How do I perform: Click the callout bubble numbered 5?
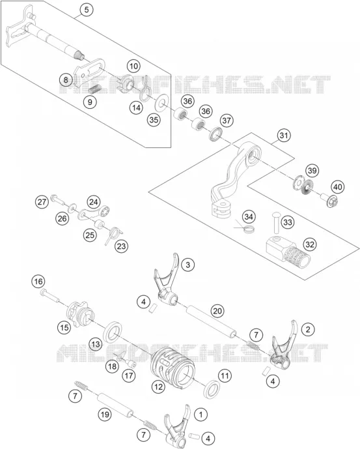point(87,10)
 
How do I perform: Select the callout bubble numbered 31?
point(283,135)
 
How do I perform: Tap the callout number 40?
point(338,187)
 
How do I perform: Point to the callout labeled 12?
point(158,387)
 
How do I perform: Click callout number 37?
point(227,121)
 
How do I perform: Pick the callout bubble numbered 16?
point(38,282)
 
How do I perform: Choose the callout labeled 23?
point(121,246)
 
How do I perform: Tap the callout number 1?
point(201,414)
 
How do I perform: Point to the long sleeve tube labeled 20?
point(212,321)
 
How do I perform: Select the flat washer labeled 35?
point(161,102)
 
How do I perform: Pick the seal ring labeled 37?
point(215,134)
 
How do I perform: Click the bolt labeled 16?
point(50,296)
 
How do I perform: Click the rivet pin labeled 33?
point(277,222)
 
